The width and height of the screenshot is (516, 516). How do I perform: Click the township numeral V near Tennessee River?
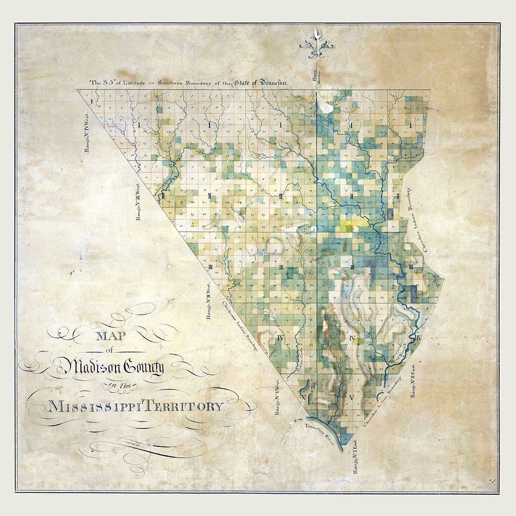351,397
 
